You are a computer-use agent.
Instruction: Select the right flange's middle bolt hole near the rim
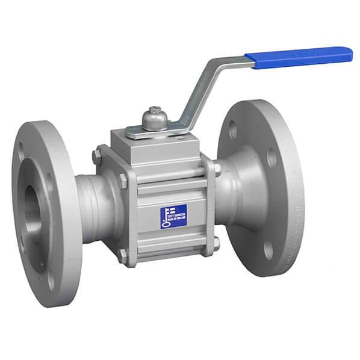click(272, 158)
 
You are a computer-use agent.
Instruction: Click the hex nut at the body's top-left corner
click(97, 156)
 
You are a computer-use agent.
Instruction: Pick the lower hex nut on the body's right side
click(216, 243)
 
